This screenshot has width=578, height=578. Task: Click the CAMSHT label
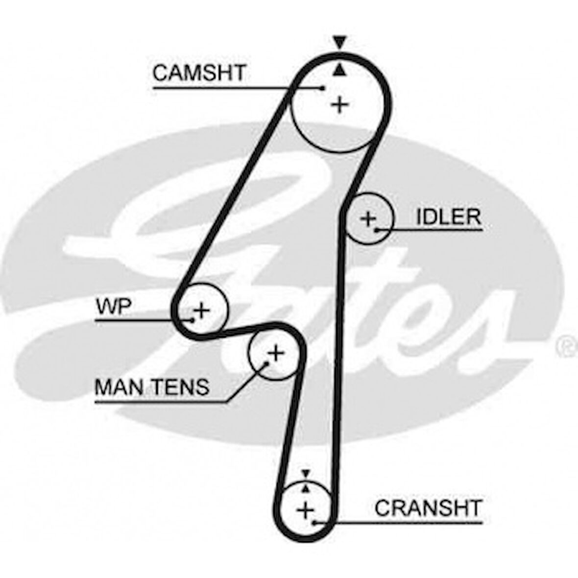[198, 73]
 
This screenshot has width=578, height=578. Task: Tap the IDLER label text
[448, 217]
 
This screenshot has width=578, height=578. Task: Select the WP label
[114, 307]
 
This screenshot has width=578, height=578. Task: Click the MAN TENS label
[152, 387]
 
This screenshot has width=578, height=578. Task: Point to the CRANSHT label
[428, 508]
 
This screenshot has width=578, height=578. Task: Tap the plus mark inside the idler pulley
[367, 218]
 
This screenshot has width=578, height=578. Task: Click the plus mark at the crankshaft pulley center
[306, 510]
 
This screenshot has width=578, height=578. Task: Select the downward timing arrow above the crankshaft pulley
[306, 473]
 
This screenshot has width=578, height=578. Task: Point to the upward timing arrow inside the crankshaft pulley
[306, 487]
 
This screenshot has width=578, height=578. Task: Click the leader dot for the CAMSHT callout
[323, 88]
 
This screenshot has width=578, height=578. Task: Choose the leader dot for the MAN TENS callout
[267, 363]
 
